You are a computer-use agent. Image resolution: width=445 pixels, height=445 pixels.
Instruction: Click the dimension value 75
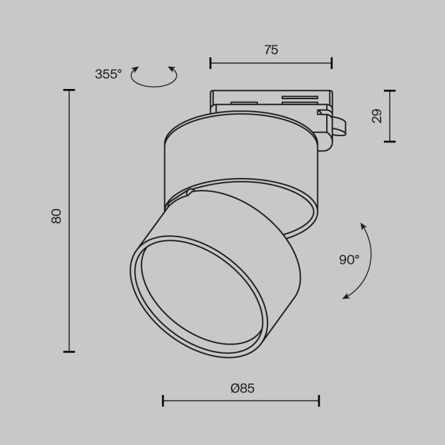[x=271, y=50]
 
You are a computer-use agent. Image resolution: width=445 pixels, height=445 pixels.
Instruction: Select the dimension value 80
[x=57, y=216]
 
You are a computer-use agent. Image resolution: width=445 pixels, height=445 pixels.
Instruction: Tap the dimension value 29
[x=376, y=116]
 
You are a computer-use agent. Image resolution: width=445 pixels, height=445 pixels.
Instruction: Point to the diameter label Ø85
[x=242, y=388]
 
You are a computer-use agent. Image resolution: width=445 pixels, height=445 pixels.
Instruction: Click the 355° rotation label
[x=108, y=74]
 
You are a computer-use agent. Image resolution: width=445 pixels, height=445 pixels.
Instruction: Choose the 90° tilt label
[x=349, y=259]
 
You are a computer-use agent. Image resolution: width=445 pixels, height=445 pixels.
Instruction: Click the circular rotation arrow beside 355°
[x=154, y=76]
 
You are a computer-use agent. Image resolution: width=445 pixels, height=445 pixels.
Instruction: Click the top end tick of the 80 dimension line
[x=69, y=91]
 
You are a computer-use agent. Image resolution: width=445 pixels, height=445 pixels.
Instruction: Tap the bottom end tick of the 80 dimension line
[x=69, y=352]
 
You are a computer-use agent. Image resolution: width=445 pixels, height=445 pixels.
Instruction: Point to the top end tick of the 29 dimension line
[x=389, y=91]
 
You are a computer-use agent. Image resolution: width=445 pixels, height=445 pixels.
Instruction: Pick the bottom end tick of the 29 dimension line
[x=389, y=141]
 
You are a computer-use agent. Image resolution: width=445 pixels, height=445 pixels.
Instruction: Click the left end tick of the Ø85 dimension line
[x=163, y=400]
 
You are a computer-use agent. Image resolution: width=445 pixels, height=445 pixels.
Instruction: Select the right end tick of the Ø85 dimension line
[x=318, y=400]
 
